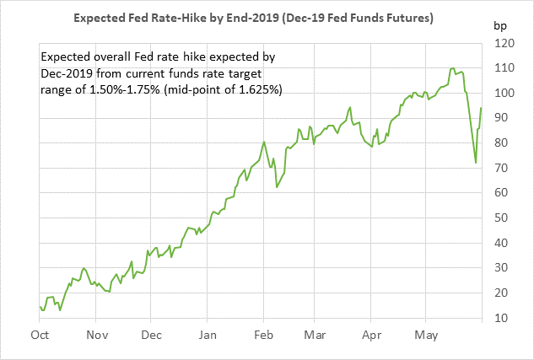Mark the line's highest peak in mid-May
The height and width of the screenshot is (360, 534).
tap(453, 68)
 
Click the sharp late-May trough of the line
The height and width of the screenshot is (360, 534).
tap(476, 163)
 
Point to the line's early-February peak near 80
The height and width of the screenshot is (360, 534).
tap(264, 142)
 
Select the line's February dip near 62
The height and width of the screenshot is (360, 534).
tap(277, 187)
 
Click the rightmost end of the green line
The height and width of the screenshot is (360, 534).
tap(481, 108)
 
